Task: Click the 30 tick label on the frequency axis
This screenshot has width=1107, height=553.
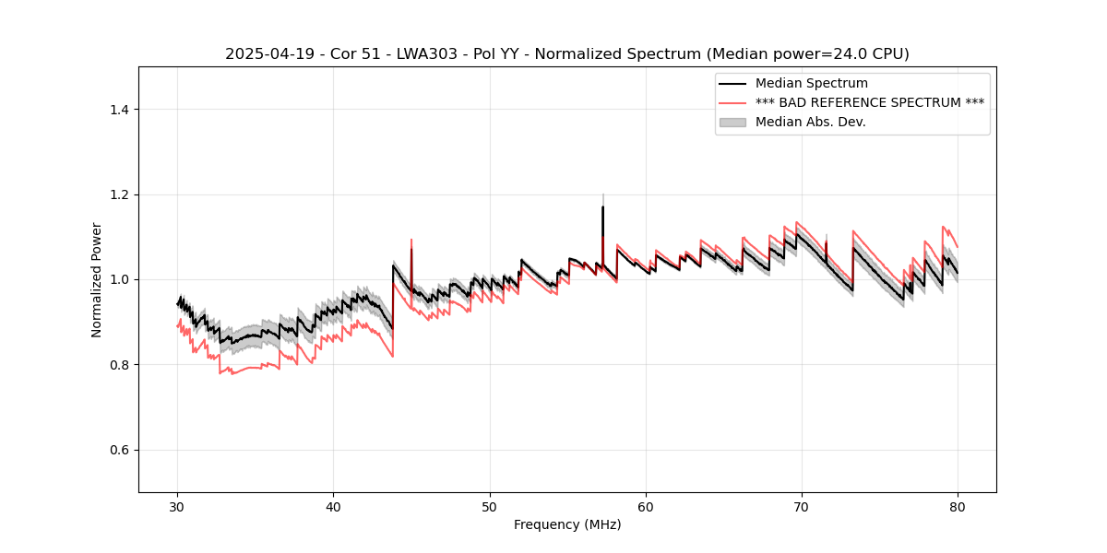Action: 177,507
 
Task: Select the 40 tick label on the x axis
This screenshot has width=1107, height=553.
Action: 333,507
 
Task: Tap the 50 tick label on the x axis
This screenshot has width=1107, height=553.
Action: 489,507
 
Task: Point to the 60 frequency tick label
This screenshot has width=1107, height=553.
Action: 646,507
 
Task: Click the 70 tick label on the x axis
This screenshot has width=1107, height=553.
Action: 802,507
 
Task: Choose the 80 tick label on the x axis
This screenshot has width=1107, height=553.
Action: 958,507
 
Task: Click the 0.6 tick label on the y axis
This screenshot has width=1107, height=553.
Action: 119,450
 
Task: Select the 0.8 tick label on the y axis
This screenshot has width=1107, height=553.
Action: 119,365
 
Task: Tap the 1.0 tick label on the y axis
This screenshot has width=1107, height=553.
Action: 119,279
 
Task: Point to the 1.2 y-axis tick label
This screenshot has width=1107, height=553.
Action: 119,194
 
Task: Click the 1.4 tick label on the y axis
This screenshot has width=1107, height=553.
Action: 119,110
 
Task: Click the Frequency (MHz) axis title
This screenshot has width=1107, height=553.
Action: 567,524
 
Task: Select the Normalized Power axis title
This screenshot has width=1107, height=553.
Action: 97,279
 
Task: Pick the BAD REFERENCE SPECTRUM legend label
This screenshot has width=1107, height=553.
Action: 869,102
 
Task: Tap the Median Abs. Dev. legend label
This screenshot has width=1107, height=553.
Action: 810,122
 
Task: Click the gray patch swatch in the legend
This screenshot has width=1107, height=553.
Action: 732,122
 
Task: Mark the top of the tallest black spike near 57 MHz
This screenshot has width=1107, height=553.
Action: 602,206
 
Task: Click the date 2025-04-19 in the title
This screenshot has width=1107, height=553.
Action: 264,54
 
